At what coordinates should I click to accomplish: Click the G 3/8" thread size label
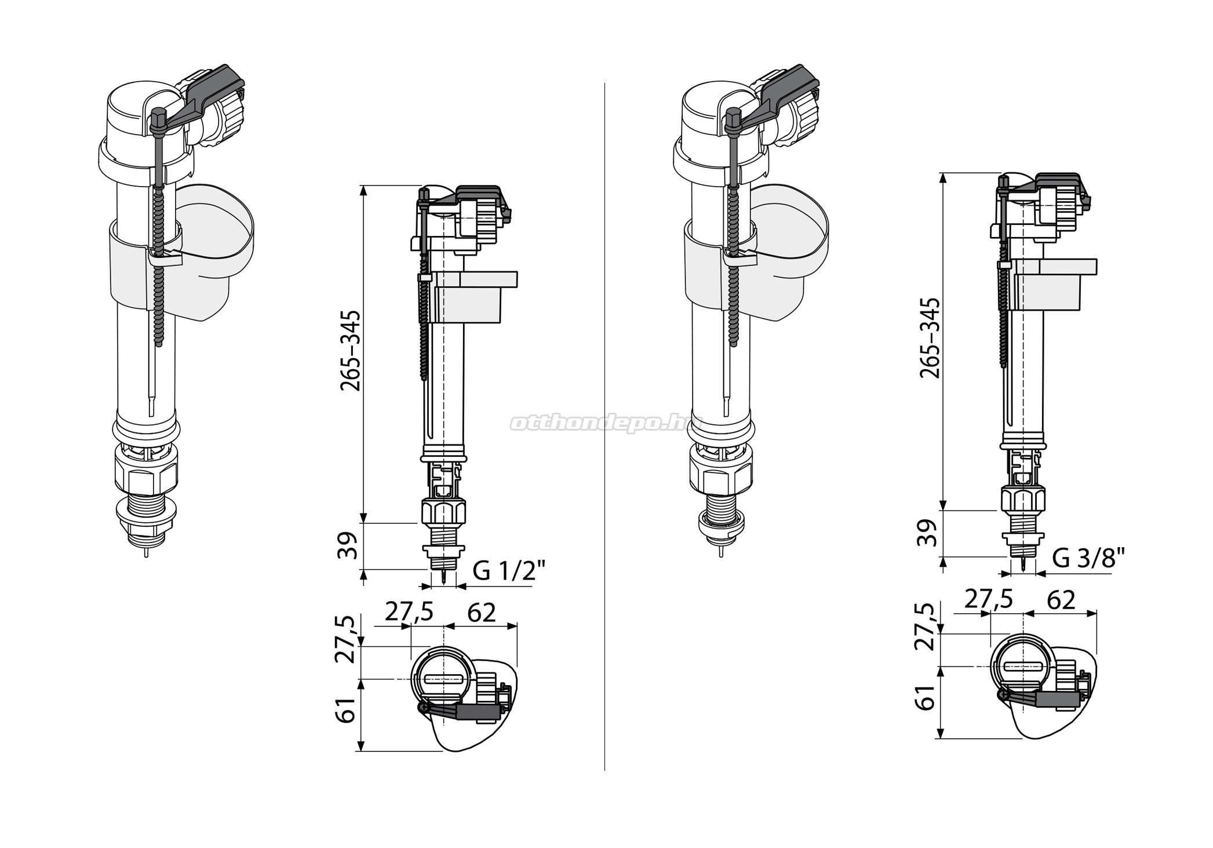(1088, 558)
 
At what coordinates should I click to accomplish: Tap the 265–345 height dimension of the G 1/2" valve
(350, 351)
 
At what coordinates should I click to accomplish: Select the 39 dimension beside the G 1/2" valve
(348, 545)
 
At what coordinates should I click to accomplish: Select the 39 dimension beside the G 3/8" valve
(928, 533)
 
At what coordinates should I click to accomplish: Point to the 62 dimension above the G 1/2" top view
(482, 612)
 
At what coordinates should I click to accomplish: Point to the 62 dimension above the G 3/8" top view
(1061, 600)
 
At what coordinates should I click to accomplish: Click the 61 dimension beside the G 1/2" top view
(347, 711)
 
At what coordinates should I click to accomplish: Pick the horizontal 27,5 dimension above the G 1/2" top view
(409, 612)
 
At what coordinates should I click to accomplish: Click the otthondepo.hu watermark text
(606, 423)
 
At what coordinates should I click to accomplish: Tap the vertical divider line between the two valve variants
(605, 427)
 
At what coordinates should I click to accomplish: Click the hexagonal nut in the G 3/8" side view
(1023, 500)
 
